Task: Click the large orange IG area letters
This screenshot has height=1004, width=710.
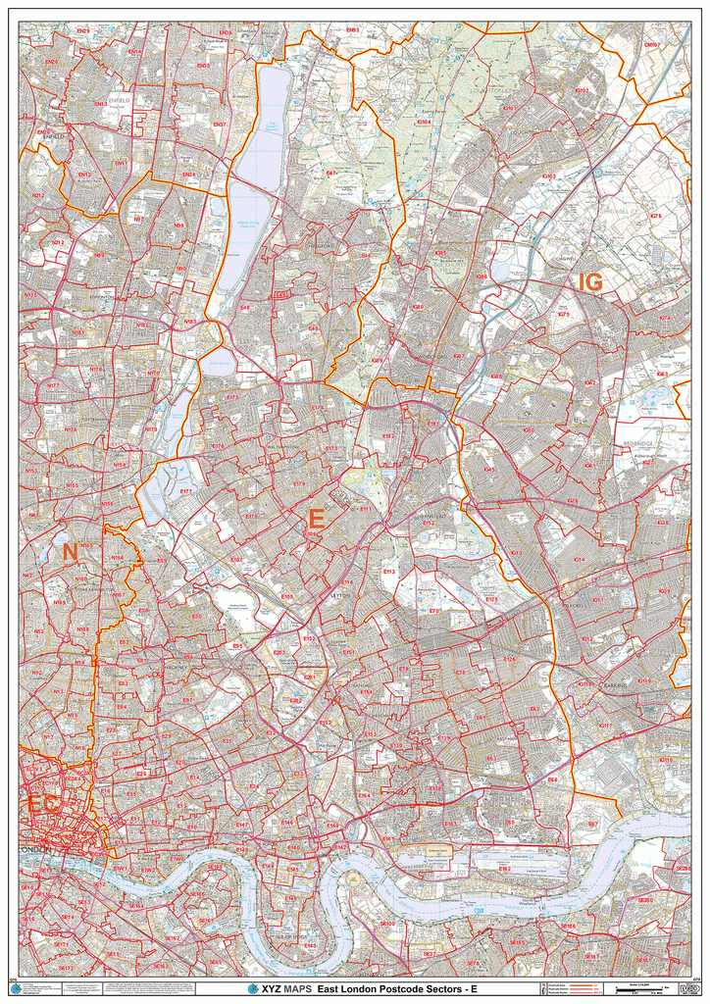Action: tap(590, 282)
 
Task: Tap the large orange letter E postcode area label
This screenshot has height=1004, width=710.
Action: tap(316, 519)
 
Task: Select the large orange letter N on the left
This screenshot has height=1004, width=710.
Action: tap(70, 553)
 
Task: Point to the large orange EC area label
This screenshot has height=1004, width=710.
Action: tap(42, 804)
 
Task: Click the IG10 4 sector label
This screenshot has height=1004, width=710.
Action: tap(424, 121)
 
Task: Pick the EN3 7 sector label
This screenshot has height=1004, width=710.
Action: tap(219, 125)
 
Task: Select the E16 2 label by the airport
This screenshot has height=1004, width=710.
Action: tap(504, 868)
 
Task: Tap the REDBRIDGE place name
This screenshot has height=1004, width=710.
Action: tap(638, 443)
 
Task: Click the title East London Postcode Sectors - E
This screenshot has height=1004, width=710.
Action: tap(397, 989)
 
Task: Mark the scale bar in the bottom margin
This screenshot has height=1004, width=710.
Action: tap(642, 988)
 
